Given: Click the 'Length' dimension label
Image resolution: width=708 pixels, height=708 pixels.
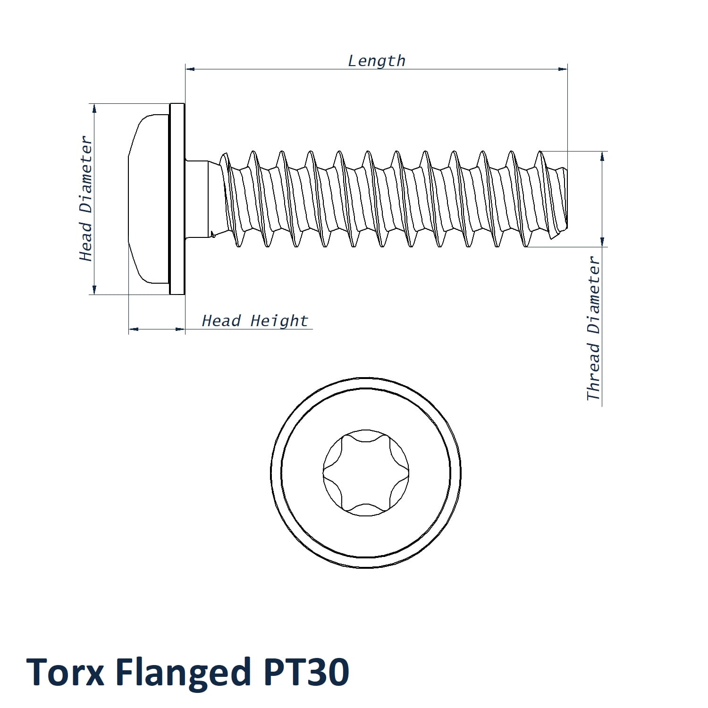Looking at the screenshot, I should [377, 61].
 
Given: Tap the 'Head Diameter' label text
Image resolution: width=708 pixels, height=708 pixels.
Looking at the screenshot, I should [85, 199].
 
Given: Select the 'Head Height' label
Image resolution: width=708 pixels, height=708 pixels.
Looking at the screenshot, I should [255, 321].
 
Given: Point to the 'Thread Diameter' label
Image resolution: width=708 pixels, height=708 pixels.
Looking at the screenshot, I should [593, 329].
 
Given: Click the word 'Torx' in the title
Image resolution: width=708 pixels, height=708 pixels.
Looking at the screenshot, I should [65, 672].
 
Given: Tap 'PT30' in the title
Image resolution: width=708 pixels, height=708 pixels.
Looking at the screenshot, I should [306, 672].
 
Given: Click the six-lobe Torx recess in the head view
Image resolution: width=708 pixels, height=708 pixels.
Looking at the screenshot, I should [366, 472].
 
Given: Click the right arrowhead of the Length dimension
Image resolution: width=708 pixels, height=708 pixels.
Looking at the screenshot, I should [563, 69].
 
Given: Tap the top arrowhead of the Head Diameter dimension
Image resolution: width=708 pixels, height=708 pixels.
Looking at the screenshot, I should [94, 108].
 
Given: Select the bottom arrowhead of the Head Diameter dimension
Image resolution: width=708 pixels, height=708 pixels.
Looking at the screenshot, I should [94, 290].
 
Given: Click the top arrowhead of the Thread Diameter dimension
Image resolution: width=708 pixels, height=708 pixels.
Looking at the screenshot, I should [602, 156].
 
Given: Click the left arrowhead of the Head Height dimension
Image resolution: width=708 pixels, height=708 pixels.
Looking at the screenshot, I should [134, 329].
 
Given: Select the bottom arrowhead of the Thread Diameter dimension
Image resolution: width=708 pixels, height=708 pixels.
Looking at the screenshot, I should [602, 242].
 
